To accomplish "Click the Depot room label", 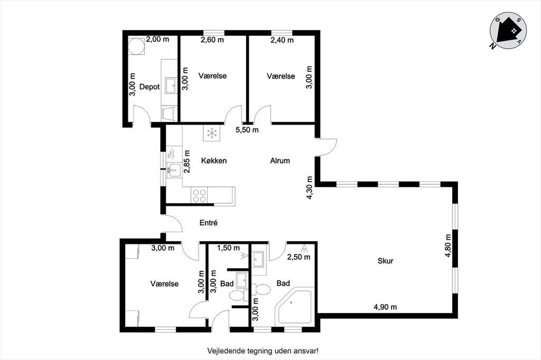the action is (x=150, y=87).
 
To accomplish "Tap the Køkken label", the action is (x=214, y=160).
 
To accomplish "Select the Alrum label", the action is (x=280, y=160).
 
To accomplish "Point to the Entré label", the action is (x=208, y=223).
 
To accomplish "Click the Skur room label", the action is (x=385, y=261).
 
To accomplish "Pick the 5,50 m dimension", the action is (x=247, y=130).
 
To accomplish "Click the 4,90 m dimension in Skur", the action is (x=385, y=307).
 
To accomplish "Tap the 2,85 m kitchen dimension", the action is (x=187, y=162).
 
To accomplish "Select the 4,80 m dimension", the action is (x=448, y=245).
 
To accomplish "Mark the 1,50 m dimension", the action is (x=228, y=248).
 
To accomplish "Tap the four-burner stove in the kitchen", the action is (x=199, y=195).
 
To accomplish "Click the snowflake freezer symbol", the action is (x=211, y=133).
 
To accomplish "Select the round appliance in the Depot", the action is (x=136, y=46).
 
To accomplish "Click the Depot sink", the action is (x=171, y=85).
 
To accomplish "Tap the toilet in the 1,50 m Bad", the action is (x=237, y=296).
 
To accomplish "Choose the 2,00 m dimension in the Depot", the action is (x=157, y=39).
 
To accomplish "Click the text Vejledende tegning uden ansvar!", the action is (x=263, y=351).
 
